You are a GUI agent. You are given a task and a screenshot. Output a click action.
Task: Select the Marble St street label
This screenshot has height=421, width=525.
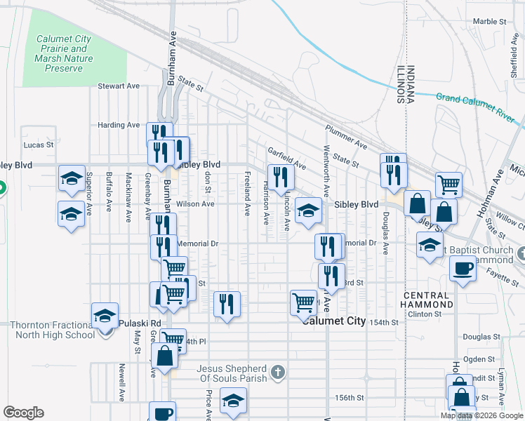[x=489, y=22]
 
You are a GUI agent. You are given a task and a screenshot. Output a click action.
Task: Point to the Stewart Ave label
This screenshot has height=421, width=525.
[x=119, y=86]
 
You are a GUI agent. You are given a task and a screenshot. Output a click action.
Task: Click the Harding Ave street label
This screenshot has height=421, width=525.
[x=119, y=125]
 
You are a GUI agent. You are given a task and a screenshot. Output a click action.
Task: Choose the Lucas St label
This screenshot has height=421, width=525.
[x=39, y=145]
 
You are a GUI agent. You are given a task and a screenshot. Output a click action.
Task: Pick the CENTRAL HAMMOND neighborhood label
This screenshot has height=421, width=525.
[x=427, y=300]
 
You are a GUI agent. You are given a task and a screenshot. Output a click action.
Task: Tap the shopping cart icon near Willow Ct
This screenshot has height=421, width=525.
[x=448, y=185]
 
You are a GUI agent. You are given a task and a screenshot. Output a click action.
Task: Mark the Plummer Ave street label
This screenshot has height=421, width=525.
[x=346, y=137]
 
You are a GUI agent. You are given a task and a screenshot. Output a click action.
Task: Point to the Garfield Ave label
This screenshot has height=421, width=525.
[x=286, y=159]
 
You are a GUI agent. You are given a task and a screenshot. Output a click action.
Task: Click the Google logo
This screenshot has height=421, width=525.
[x=23, y=413]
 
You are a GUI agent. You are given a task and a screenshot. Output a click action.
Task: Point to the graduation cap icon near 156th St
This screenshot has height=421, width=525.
[x=232, y=402]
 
